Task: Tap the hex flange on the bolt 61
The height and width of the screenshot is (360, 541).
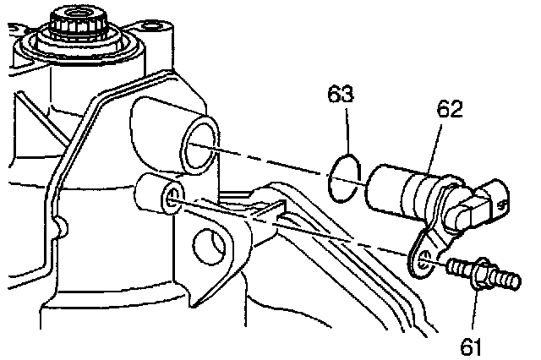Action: (481, 275)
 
